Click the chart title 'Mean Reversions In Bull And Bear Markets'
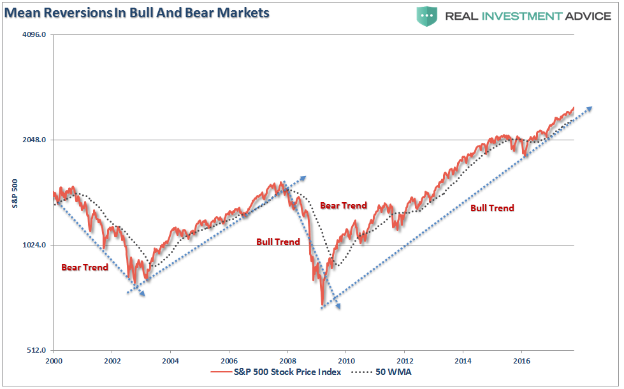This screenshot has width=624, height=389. click(x=137, y=13)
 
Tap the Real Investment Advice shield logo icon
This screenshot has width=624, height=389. click(x=426, y=16)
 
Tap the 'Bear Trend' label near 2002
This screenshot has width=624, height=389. click(x=85, y=267)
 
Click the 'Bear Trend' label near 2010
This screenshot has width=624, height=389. click(x=344, y=205)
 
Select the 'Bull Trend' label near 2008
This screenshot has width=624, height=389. click(x=278, y=242)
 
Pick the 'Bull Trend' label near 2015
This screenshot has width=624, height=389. click(x=492, y=208)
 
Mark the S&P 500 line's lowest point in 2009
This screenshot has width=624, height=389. click(x=323, y=305)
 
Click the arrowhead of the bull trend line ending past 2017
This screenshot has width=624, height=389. click(x=589, y=108)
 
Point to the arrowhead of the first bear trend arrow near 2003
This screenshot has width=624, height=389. click(x=143, y=293)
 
